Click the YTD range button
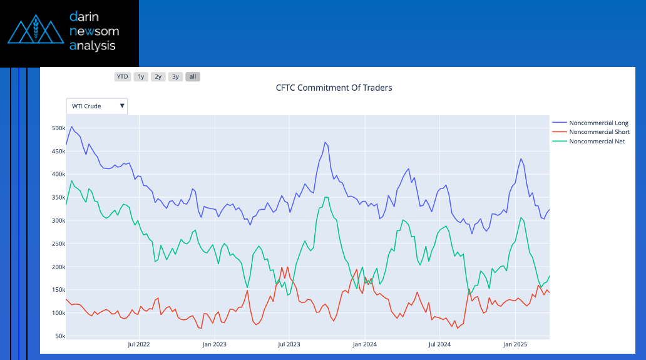click(122, 77)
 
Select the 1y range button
click(141, 77)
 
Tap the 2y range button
click(158, 77)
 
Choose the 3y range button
click(175, 77)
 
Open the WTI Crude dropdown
click(97, 106)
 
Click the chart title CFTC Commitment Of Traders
click(334, 88)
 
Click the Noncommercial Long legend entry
click(598, 123)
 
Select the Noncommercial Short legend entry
click(599, 132)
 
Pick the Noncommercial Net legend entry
click(597, 141)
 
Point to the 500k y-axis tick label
click(58, 128)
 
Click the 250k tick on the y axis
click(58, 244)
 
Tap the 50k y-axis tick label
click(59, 336)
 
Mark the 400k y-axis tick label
click(58, 175)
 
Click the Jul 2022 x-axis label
click(139, 344)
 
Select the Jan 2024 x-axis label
click(364, 344)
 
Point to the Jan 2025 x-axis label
click(515, 344)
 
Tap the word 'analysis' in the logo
click(93, 46)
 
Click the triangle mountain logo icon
click(36, 31)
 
